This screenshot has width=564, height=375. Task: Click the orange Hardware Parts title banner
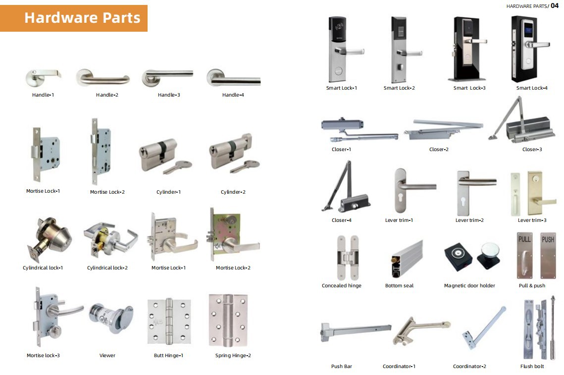(x=74, y=18)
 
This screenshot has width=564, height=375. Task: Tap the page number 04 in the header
(x=554, y=5)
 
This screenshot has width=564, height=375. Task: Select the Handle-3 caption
(x=169, y=95)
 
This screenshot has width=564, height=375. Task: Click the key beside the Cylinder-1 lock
(x=177, y=166)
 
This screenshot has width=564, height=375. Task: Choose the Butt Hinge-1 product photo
(x=169, y=321)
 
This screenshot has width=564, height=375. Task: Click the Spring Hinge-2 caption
(x=233, y=356)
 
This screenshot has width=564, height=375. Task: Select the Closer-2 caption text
(x=439, y=149)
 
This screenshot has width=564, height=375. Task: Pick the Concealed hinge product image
(x=348, y=258)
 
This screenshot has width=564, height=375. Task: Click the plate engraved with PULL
(x=524, y=256)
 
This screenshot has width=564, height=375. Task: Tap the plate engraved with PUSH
(x=548, y=256)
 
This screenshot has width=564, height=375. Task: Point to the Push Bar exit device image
(x=356, y=330)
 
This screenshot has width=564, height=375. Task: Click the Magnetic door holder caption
(x=469, y=286)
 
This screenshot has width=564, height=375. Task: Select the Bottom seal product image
(x=407, y=259)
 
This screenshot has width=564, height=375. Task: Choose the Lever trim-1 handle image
(x=413, y=190)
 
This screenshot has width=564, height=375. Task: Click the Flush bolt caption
(x=532, y=367)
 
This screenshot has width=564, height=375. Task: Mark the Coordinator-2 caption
(x=469, y=367)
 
